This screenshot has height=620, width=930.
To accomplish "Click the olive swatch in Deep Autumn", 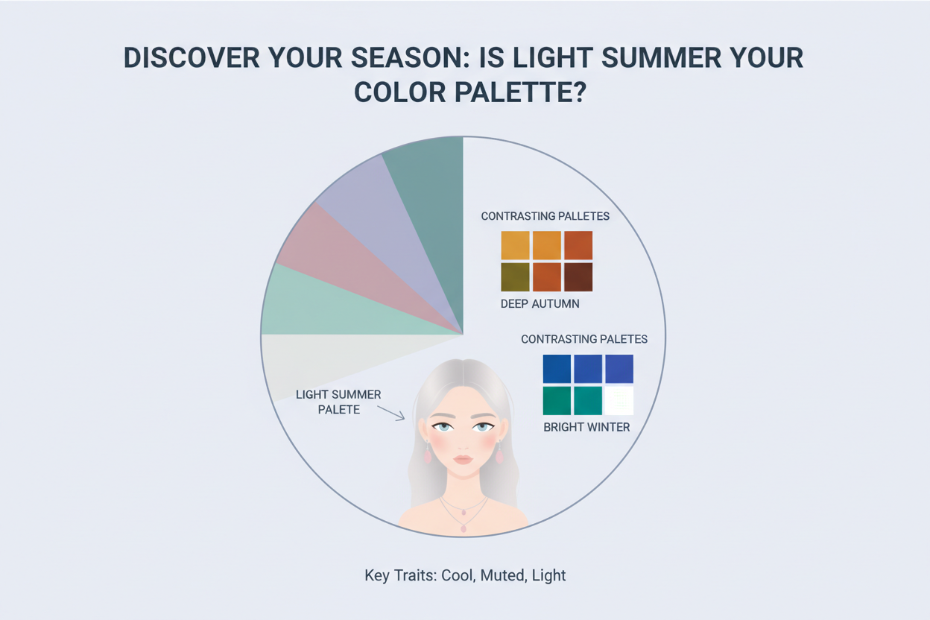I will [515, 276].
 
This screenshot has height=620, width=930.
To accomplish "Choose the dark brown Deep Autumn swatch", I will [578, 276].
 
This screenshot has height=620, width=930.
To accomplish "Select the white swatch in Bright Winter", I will [619, 400].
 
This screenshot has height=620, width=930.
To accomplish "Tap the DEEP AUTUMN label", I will [540, 304].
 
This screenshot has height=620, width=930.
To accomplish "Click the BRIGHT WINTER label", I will [586, 427].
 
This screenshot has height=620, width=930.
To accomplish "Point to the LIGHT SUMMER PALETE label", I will [338, 402].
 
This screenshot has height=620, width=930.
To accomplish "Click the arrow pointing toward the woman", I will [390, 413].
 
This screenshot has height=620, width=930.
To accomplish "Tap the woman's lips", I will [463, 459].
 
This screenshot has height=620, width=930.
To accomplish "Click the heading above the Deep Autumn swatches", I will [545, 216].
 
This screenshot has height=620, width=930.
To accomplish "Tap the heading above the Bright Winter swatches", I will [584, 339].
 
